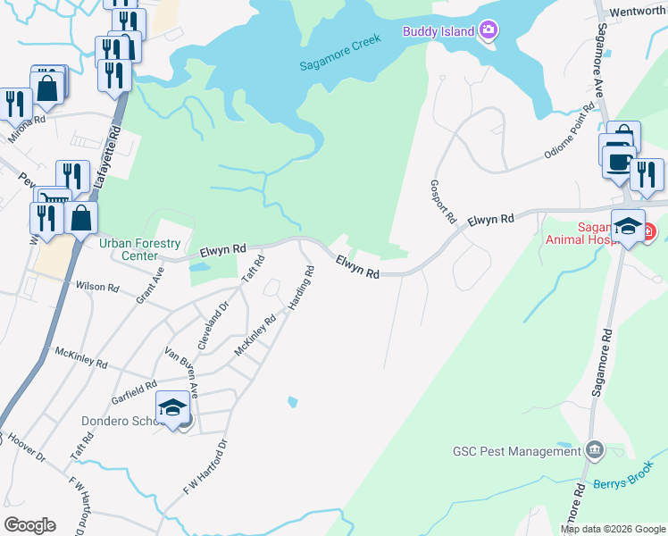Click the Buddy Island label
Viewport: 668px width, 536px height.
tap(437, 31)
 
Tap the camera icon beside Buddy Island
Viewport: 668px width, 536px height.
tap(488, 30)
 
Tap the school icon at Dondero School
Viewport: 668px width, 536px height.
tap(173, 409)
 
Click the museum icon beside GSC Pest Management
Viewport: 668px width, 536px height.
tap(595, 448)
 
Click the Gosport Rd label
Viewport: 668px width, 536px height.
tap(445, 192)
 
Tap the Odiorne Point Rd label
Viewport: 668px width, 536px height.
tap(569, 132)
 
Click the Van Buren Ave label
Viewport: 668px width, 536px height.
tap(181, 372)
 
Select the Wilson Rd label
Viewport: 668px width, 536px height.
tap(98, 288)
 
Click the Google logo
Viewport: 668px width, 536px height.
tap(29, 525)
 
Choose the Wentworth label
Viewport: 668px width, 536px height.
tap(637, 13)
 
